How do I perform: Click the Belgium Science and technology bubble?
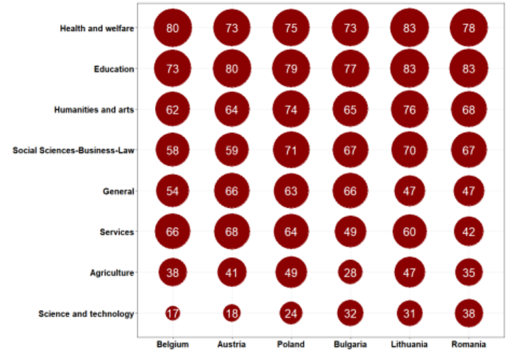pyautogui.click(x=172, y=314)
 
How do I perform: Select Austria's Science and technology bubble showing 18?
pyautogui.click(x=232, y=314)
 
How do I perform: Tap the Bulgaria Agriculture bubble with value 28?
pyautogui.click(x=350, y=273)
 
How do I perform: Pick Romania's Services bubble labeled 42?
pyautogui.click(x=469, y=232)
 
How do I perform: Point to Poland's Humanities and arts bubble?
pyautogui.click(x=291, y=109)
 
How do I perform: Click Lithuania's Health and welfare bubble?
pyautogui.click(x=409, y=28)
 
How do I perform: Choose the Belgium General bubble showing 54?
pyautogui.click(x=172, y=191)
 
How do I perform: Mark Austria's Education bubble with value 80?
pyautogui.click(x=232, y=69)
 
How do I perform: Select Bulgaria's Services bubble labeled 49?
pyautogui.click(x=350, y=232)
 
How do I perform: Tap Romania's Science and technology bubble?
pyautogui.click(x=469, y=314)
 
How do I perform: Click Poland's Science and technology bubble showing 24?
pyautogui.click(x=291, y=314)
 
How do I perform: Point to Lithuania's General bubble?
pyautogui.click(x=409, y=191)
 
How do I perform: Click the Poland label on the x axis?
pyautogui.click(x=291, y=344)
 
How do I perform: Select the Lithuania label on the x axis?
pyautogui.click(x=409, y=344)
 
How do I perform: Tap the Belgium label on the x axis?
pyautogui.click(x=172, y=344)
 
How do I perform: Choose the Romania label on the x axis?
pyautogui.click(x=469, y=344)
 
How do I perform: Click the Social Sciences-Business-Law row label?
pyautogui.click(x=73, y=151)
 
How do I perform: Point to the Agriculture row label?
pyautogui.click(x=112, y=273)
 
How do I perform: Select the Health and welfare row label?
pyautogui.click(x=97, y=28)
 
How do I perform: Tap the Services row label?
pyautogui.click(x=117, y=232)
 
